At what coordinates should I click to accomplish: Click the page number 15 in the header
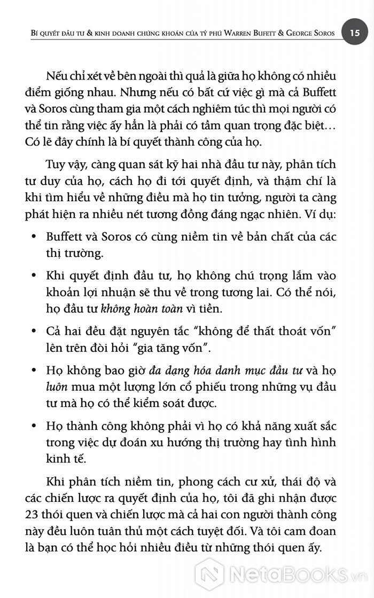(x=355, y=33)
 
